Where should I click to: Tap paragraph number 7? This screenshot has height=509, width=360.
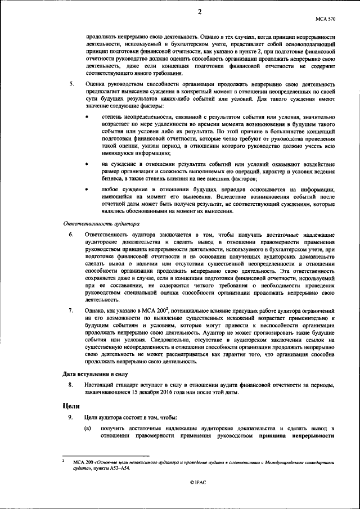point(71,310)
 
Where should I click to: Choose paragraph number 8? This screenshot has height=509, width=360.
point(71,385)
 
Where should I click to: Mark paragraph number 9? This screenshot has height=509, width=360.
point(71,417)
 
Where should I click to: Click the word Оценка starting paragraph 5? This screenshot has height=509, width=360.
point(96,84)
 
